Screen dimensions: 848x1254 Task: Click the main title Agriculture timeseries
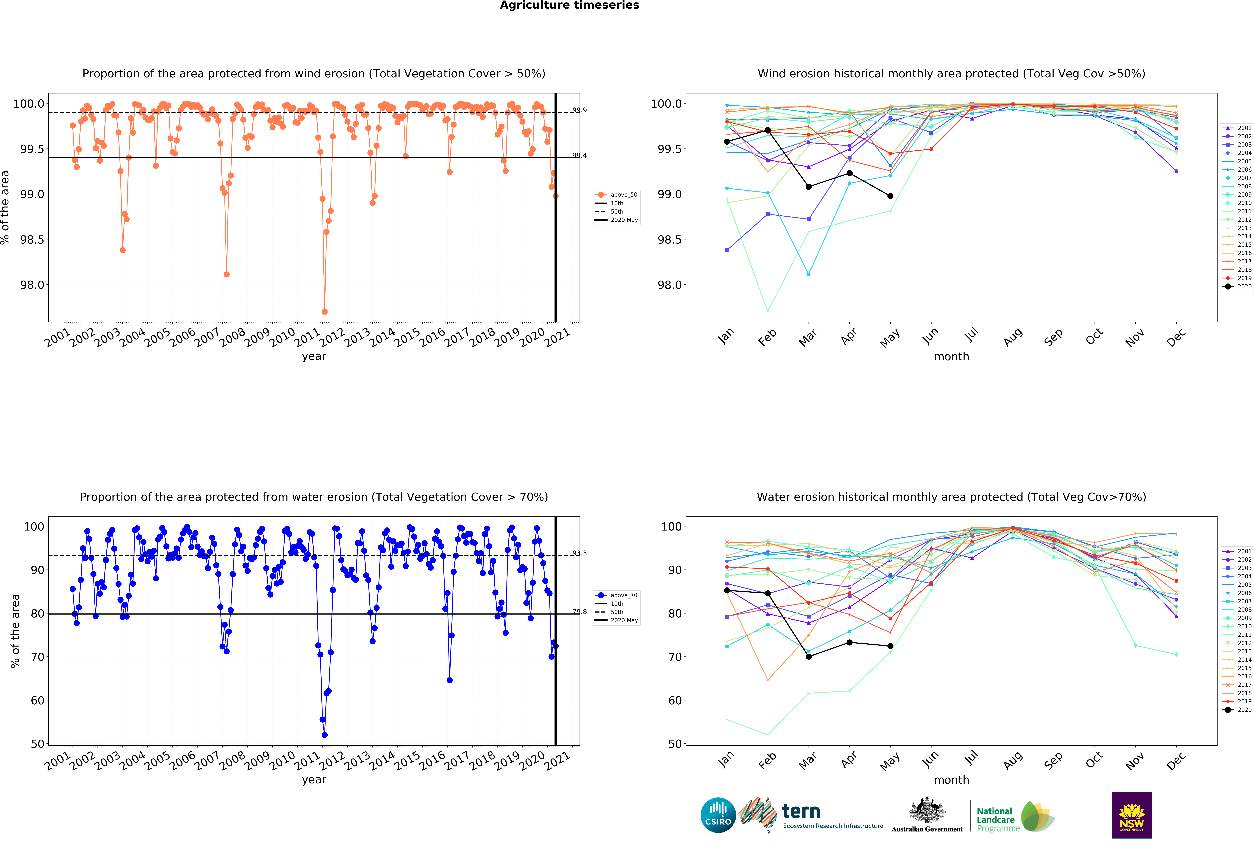pyautogui.click(x=569, y=5)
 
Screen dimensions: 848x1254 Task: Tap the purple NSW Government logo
pyautogui.click(x=1132, y=815)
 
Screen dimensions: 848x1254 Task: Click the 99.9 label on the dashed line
pyautogui.click(x=580, y=110)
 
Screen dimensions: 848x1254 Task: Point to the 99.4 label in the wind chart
pyautogui.click(x=580, y=155)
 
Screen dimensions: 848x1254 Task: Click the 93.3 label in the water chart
pyautogui.click(x=580, y=553)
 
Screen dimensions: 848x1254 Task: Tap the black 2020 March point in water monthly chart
pyautogui.click(x=808, y=656)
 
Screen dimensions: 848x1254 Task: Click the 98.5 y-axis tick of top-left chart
pyautogui.click(x=32, y=240)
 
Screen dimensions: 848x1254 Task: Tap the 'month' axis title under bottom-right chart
pyautogui.click(x=951, y=780)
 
